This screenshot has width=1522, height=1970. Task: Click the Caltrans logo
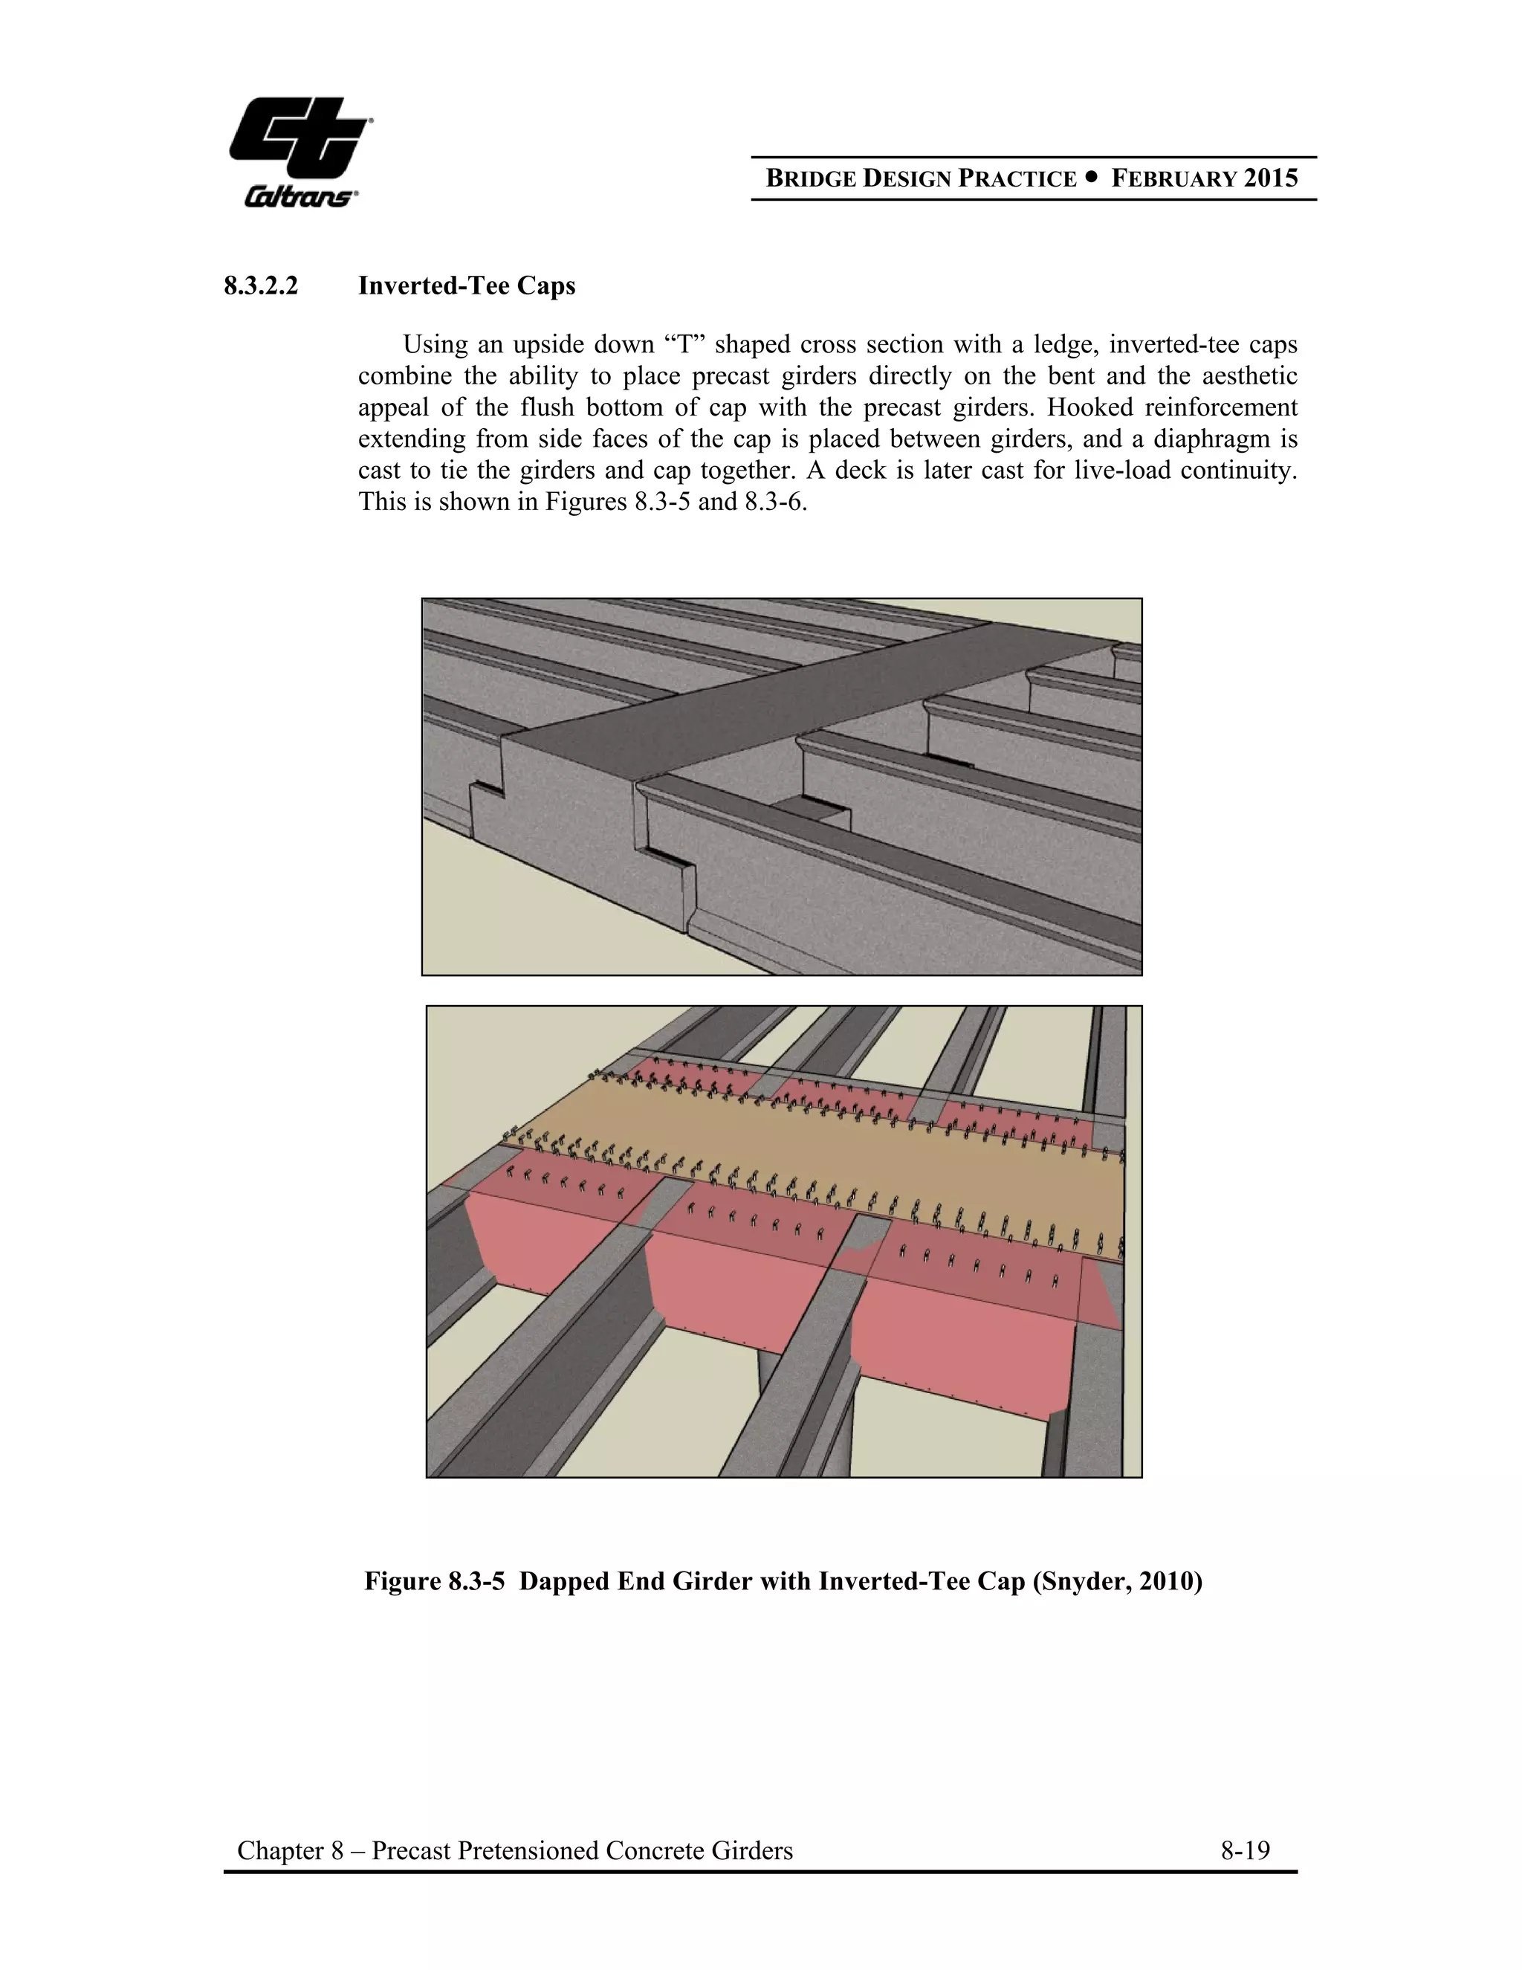300,152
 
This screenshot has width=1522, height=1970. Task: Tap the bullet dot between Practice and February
1094,178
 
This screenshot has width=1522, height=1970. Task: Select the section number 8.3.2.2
261,286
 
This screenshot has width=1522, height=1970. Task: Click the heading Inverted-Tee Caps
466,286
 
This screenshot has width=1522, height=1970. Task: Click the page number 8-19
1246,1850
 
